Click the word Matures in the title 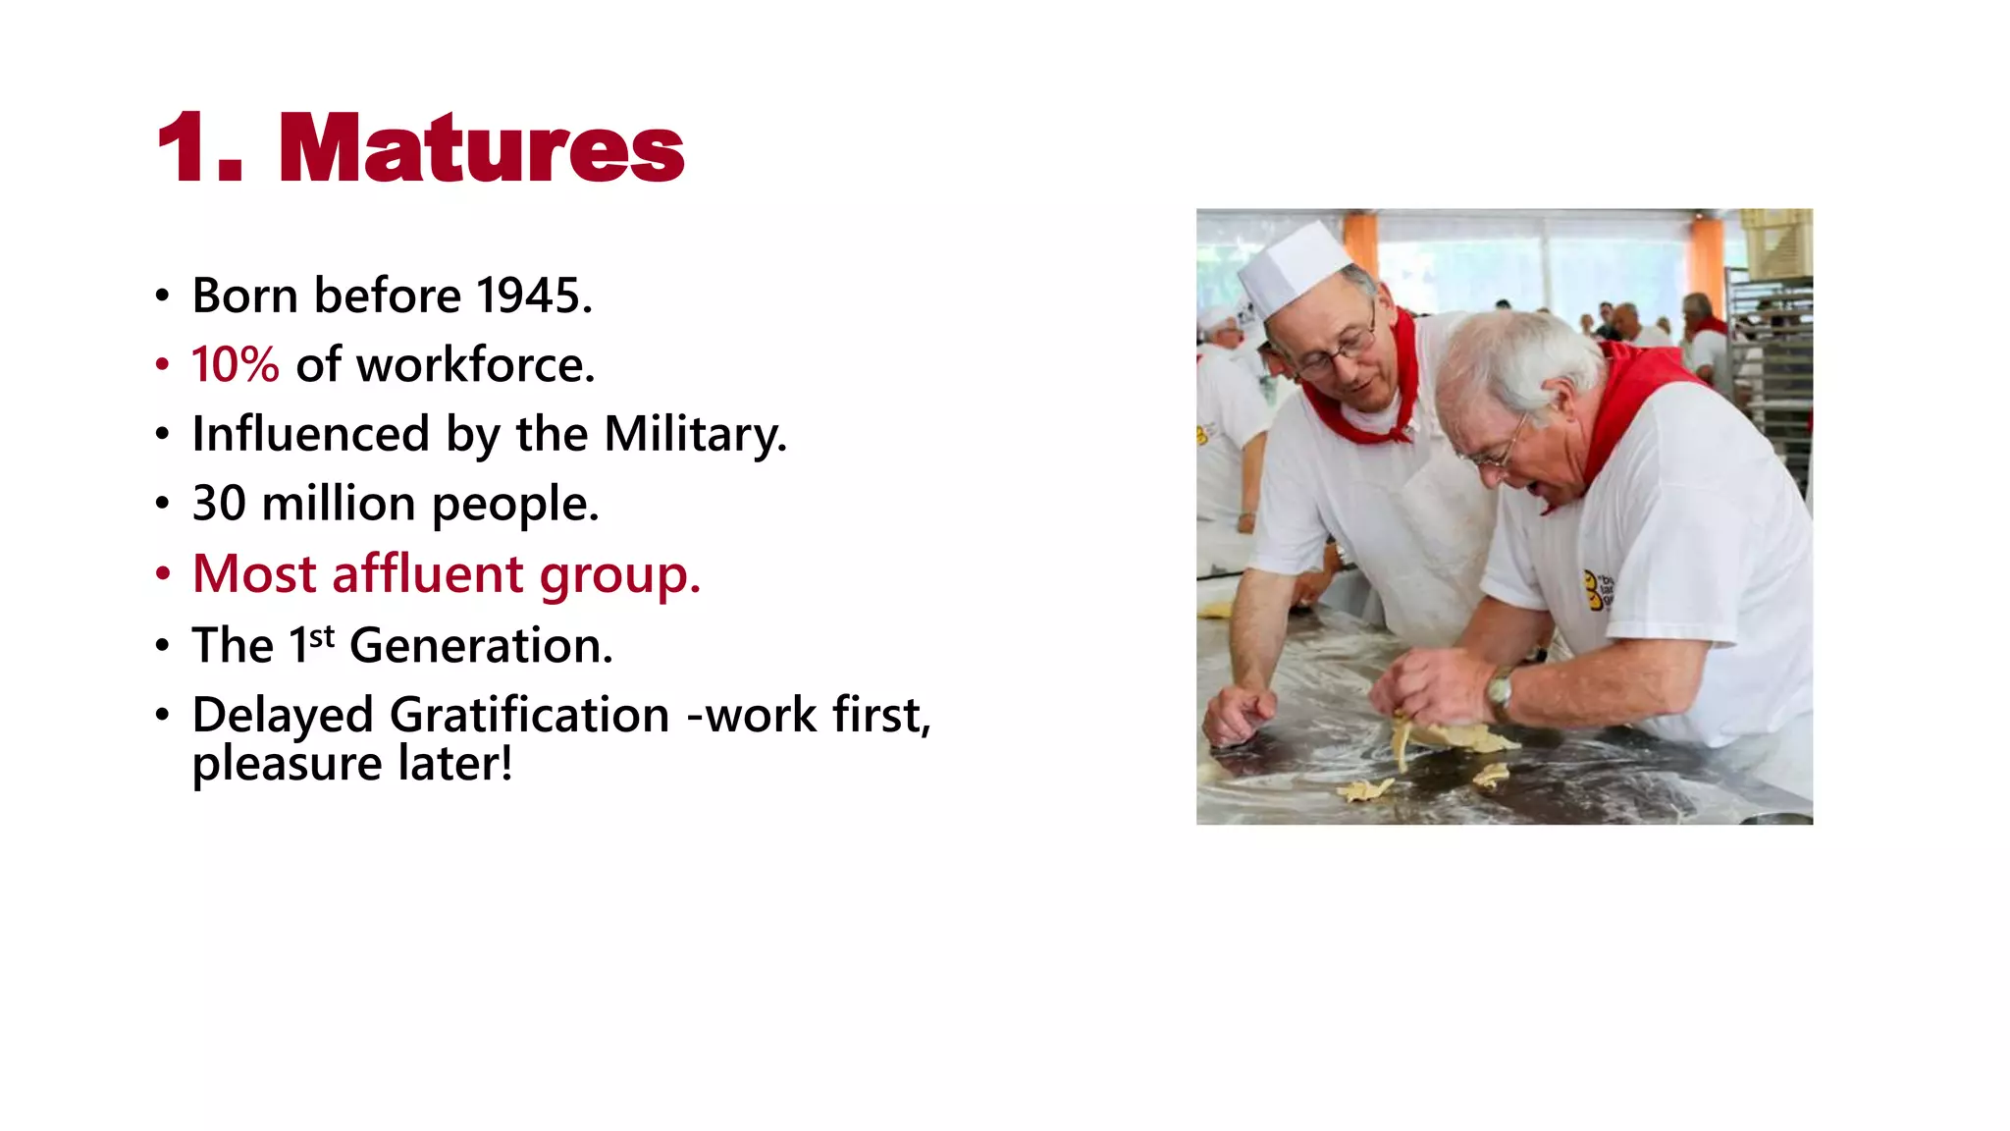click(x=481, y=149)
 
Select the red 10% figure click(x=235, y=365)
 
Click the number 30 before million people click(x=218, y=504)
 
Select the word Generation click(x=480, y=646)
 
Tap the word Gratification click(x=529, y=715)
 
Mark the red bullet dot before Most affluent click(x=163, y=575)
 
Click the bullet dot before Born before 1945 click(x=163, y=296)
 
